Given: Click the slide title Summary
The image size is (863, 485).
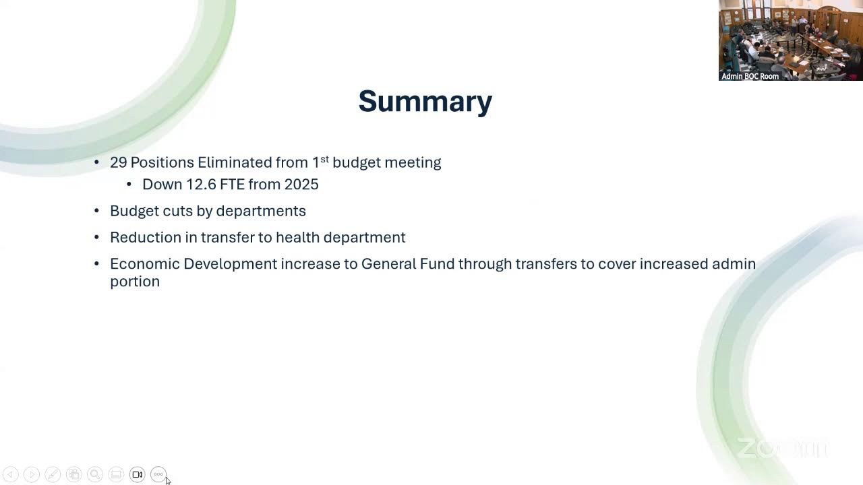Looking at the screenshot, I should (x=425, y=101).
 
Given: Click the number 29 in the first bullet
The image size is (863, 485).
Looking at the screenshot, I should (x=118, y=162).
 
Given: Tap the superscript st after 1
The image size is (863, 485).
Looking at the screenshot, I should (x=324, y=159).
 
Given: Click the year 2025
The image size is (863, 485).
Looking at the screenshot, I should (x=301, y=185).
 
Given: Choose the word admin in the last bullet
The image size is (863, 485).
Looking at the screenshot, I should (x=734, y=263).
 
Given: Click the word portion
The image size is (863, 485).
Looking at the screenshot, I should (x=135, y=282).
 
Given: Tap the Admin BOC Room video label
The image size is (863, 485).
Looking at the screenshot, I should (x=750, y=76).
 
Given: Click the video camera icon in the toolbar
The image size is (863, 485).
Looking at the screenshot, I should (x=137, y=475).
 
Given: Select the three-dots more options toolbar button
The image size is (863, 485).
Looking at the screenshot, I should (x=158, y=475).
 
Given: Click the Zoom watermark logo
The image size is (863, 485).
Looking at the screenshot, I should (x=782, y=448).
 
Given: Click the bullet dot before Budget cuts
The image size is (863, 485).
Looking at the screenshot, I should (x=96, y=211).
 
